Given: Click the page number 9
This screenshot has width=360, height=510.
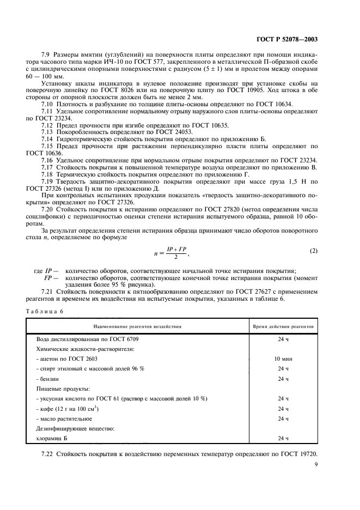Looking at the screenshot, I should [316, 465].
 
